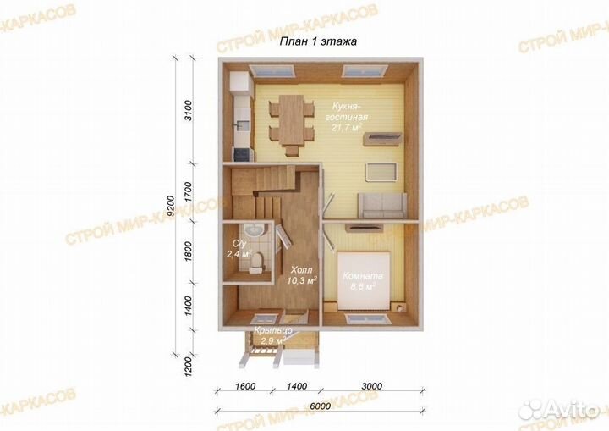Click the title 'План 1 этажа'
318,41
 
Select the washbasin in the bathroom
255,229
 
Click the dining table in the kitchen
291,122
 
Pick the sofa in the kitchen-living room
382,205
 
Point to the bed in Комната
364,281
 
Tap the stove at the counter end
243,154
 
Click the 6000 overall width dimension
321,406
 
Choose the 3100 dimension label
188,110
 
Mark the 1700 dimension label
188,191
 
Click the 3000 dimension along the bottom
371,386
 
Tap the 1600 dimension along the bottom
245,386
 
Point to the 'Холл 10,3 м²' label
302,275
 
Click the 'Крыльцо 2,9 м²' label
272,335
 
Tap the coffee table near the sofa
381,172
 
